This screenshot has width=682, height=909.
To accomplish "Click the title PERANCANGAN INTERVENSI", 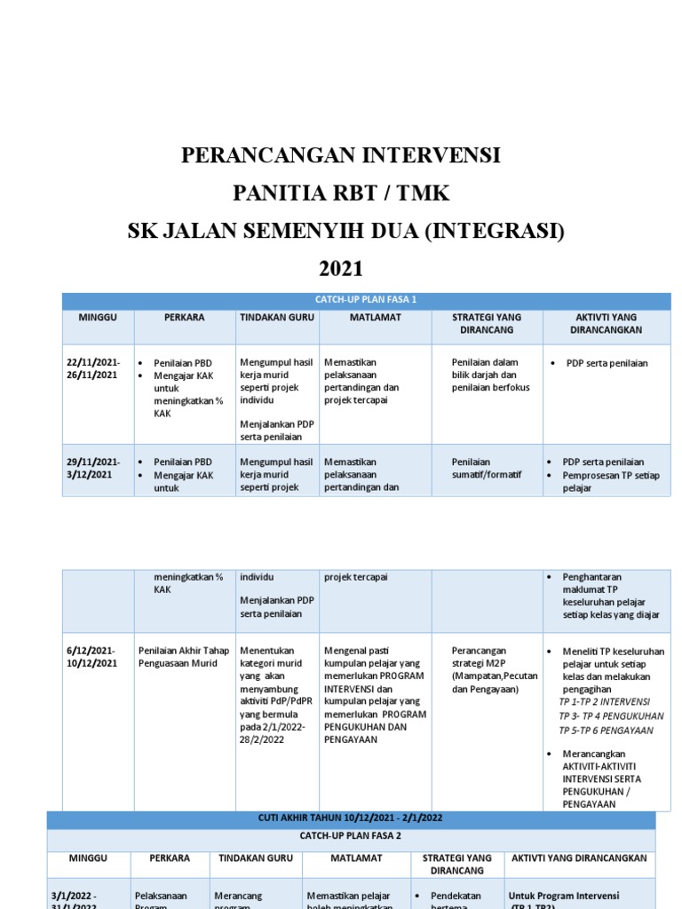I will [341, 156].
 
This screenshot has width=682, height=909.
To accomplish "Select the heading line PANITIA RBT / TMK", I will [341, 194].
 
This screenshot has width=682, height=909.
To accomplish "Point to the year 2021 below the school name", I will [341, 269].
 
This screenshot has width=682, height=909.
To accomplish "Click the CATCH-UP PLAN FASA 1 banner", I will [366, 300].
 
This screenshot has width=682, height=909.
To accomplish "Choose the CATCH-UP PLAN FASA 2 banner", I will [351, 835].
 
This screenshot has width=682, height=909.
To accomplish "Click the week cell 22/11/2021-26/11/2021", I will [92, 368].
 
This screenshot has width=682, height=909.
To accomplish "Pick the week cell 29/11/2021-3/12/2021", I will [92, 468].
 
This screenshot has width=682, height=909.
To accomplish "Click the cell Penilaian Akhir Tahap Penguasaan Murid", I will [183, 657].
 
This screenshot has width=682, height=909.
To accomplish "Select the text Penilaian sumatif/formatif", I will [486, 468].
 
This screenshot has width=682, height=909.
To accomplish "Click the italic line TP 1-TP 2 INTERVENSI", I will [605, 701].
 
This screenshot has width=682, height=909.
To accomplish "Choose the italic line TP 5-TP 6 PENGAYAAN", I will [606, 731].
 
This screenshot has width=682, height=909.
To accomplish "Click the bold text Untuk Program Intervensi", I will [563, 896].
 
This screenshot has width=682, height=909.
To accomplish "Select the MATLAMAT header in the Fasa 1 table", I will [373, 317].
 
